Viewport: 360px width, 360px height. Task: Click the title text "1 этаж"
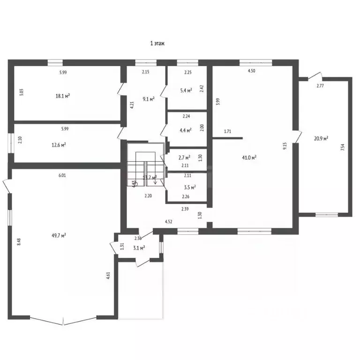[x=157, y=44]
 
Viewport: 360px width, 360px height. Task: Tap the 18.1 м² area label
[x=63, y=96]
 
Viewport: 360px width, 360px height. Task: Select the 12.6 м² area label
[x=58, y=145]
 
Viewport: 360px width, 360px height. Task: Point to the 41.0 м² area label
[x=249, y=158]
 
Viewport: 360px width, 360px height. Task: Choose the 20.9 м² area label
[x=321, y=138]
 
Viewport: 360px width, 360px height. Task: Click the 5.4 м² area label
[x=186, y=90]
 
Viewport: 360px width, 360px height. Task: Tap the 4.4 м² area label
[x=186, y=130]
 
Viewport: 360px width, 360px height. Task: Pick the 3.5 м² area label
[x=189, y=187]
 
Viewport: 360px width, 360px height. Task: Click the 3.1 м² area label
[x=139, y=247]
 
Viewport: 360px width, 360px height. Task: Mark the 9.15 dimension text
[x=285, y=146]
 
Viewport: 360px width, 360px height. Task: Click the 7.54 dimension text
[x=343, y=147]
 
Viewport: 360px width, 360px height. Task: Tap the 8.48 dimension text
[x=19, y=242]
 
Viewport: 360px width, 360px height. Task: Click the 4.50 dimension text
[x=252, y=71]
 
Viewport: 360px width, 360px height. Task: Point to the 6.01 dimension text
[x=62, y=175]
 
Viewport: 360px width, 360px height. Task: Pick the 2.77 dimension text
[x=321, y=86]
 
